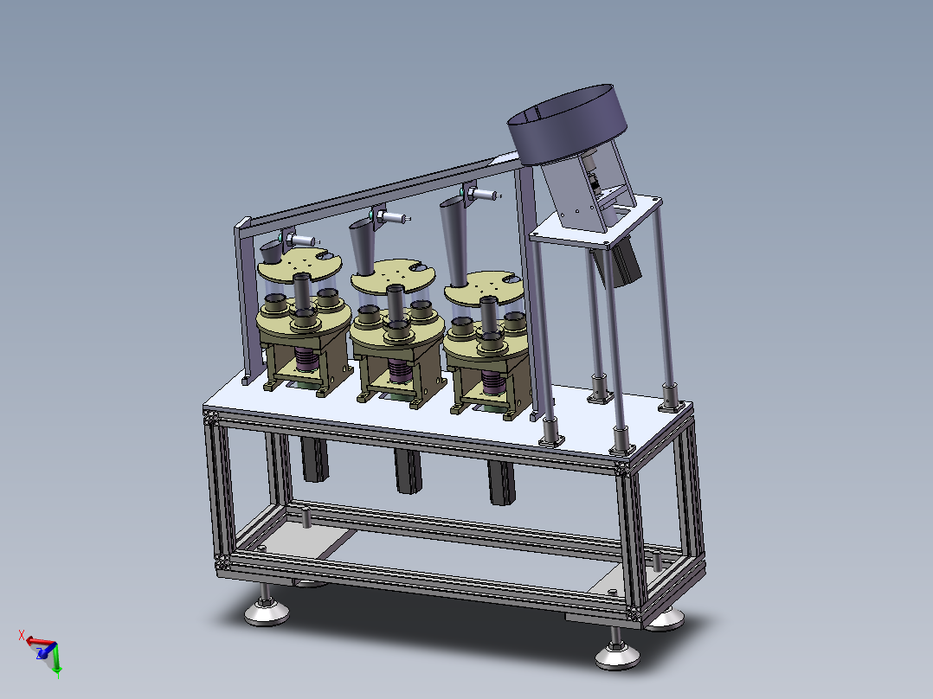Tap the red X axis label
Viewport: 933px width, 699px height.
(x=22, y=635)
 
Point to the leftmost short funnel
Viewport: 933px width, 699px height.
(x=273, y=252)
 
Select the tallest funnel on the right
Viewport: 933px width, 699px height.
(x=454, y=241)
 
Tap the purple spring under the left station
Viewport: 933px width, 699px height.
(x=306, y=360)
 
